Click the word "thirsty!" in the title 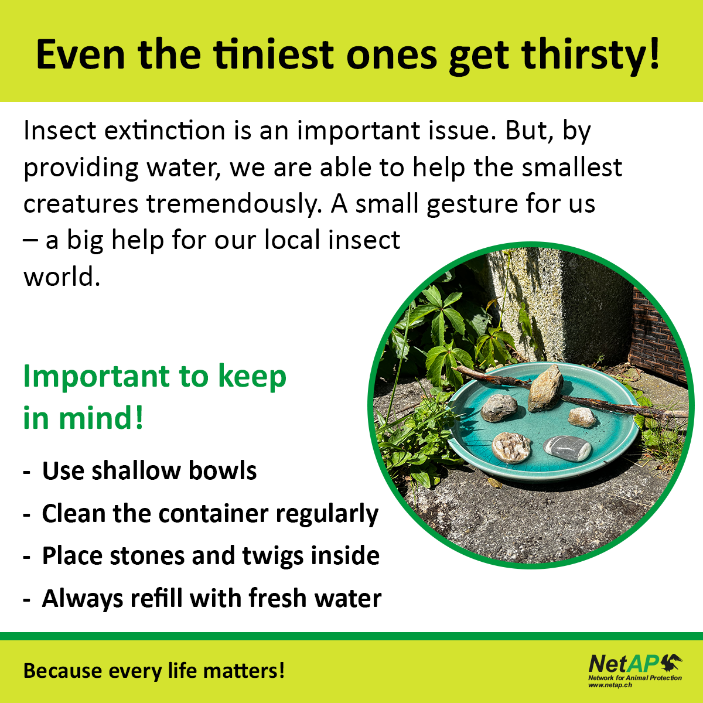(x=591, y=56)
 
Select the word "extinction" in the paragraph (x=165, y=130)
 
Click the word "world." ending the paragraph (x=62, y=277)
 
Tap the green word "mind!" (x=101, y=418)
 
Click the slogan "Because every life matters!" (x=153, y=671)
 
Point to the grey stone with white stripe (x=567, y=448)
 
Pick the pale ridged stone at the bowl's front (x=511, y=447)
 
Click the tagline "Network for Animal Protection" (x=635, y=678)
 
